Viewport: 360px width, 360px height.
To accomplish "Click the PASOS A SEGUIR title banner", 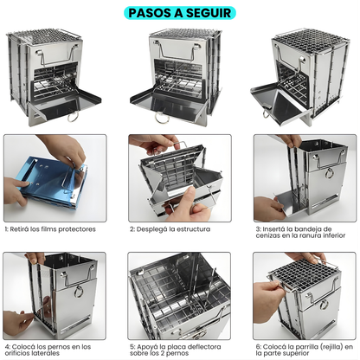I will [x=179, y=12].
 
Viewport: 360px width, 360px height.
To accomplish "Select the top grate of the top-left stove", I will [x=54, y=38].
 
